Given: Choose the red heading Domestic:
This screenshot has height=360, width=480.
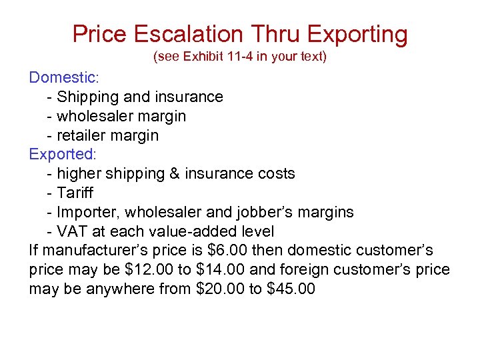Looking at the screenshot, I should pos(64,77).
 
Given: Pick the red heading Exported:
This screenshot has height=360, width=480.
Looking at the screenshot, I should pos(63,154).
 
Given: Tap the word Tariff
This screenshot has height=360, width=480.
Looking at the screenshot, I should pos(75,193).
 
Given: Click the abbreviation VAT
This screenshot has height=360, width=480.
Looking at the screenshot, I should pos(72,231).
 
